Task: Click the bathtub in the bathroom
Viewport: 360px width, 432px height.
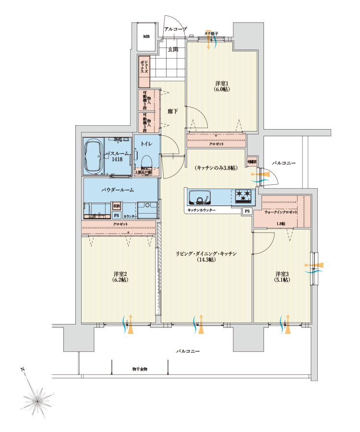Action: [x=93, y=157]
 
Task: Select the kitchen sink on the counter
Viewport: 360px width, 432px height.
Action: [x=199, y=197]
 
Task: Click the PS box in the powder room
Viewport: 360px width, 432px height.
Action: [x=116, y=216]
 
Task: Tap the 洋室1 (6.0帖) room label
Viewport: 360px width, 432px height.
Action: [x=221, y=86]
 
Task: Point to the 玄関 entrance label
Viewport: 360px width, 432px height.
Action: [x=173, y=49]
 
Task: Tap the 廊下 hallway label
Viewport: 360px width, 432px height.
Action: [x=173, y=111]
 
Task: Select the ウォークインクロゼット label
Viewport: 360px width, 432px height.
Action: [x=281, y=212]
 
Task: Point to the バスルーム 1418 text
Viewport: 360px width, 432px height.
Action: [x=117, y=156]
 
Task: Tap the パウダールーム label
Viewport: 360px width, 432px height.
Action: [x=118, y=190]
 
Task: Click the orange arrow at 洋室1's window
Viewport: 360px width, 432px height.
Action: [x=208, y=42]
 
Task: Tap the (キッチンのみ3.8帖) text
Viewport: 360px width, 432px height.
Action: [x=216, y=168]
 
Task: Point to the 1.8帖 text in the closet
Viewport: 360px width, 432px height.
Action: [x=281, y=224]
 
